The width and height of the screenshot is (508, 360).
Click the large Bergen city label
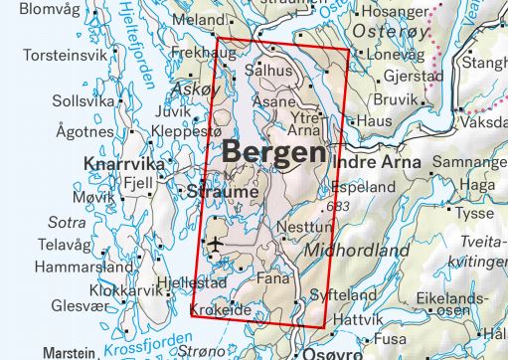pyautogui.click(x=273, y=153)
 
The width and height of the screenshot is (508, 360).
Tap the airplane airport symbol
pyautogui.click(x=214, y=244)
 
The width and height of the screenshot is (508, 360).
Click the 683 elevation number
pyautogui.click(x=340, y=207)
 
